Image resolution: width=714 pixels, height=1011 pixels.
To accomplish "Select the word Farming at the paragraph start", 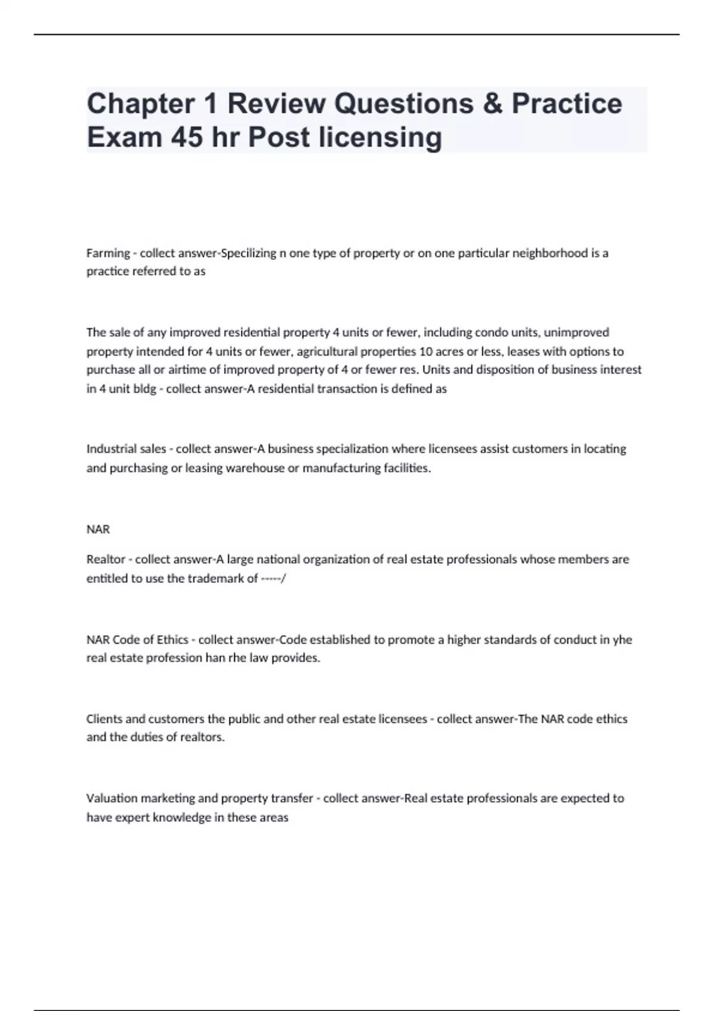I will point(108,253).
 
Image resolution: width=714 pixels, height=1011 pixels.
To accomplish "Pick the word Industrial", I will point(109,449).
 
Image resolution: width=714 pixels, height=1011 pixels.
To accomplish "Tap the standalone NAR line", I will point(98,529).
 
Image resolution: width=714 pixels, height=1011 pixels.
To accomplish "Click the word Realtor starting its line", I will point(106,560).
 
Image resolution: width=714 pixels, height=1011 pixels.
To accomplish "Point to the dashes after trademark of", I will point(273,579).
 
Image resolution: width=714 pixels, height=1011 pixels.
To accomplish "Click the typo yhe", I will point(622,640).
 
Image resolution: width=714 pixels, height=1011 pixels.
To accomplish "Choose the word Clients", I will point(104,719).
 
